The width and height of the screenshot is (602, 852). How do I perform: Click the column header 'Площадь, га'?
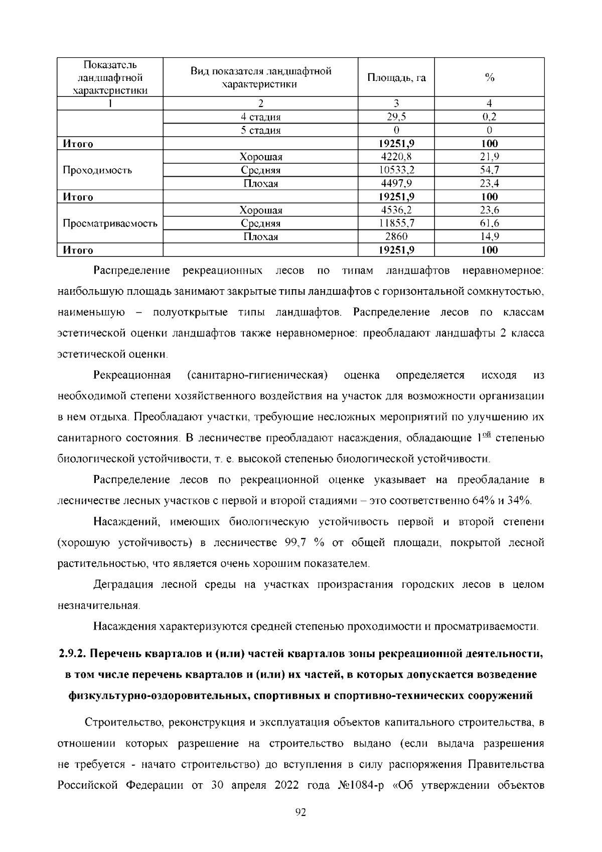[x=396, y=77]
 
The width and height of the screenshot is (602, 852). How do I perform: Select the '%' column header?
[x=490, y=77]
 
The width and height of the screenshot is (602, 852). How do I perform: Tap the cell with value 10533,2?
[x=396, y=170]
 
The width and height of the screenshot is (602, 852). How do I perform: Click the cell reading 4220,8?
[x=396, y=157]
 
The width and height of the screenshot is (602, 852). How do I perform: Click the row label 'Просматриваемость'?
[x=110, y=223]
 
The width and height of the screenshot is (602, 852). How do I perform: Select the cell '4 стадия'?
[x=260, y=117]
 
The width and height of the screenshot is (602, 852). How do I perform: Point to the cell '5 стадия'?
[x=260, y=131]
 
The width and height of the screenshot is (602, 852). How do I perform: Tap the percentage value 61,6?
[x=490, y=223]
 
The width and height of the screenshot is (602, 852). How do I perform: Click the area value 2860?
[x=396, y=236]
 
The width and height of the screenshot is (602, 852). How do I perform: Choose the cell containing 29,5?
[x=396, y=117]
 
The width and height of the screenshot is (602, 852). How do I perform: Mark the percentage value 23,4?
[x=490, y=183]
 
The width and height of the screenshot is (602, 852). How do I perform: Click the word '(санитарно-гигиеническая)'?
[x=257, y=376]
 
